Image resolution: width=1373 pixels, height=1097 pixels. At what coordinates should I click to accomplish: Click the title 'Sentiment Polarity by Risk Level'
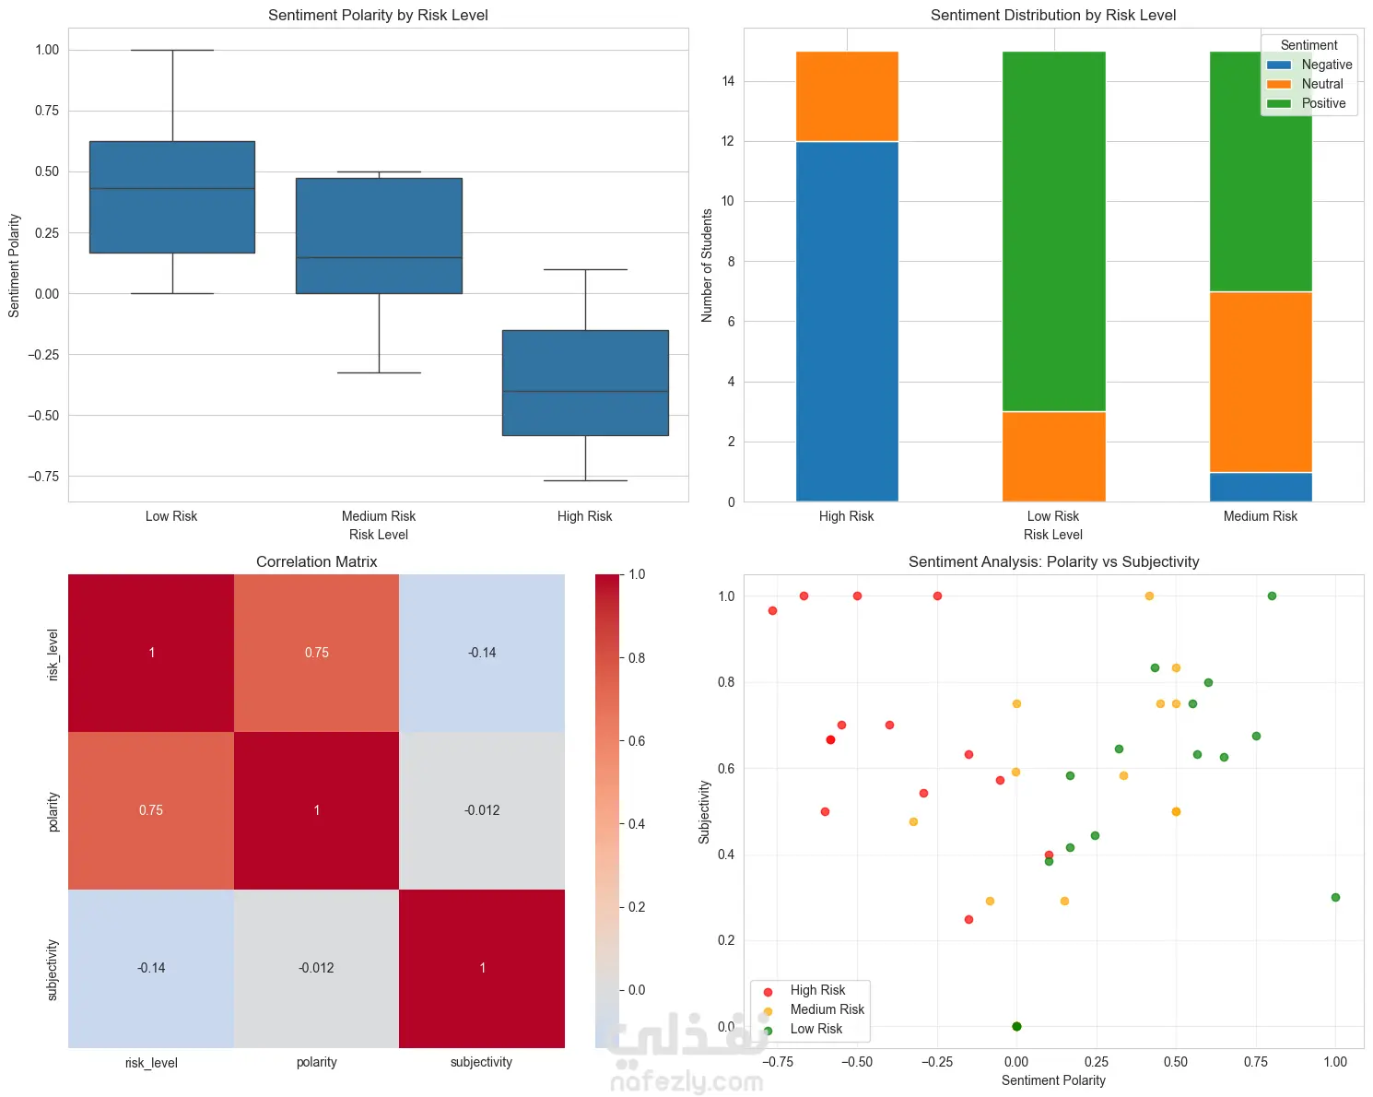[378, 15]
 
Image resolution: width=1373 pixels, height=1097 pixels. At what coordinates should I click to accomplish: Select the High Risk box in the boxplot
[585, 383]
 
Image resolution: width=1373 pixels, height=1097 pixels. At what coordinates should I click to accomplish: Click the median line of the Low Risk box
[172, 188]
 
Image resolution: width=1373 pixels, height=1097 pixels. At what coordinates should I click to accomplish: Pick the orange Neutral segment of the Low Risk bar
[1053, 456]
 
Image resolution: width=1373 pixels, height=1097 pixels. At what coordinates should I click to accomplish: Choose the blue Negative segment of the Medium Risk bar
[1260, 487]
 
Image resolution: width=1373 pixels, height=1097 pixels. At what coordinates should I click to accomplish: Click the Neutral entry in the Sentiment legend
[1321, 84]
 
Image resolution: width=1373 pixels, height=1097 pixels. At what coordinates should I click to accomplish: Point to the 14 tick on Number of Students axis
[729, 81]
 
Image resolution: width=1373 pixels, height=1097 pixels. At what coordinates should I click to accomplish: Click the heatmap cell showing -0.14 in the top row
[482, 653]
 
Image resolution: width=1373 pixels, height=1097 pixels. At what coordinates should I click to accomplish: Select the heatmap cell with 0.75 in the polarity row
[151, 810]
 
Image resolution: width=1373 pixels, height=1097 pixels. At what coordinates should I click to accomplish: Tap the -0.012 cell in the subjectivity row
[316, 968]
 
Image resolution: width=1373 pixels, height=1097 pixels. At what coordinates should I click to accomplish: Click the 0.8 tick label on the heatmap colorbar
[637, 658]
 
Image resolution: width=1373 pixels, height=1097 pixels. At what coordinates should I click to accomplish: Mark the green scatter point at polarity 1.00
[1335, 897]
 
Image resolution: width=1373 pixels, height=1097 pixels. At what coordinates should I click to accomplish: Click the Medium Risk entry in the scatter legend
[827, 1009]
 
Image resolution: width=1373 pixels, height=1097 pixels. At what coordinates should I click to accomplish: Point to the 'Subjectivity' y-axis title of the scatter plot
[705, 811]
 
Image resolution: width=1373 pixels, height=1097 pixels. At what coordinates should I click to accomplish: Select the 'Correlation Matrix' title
[316, 561]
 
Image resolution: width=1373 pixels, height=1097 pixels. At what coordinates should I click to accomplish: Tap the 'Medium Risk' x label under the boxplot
[378, 516]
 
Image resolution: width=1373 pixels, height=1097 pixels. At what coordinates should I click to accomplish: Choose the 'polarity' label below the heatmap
[316, 1062]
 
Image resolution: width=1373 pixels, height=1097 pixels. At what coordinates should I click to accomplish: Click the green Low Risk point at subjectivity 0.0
[1016, 1026]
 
